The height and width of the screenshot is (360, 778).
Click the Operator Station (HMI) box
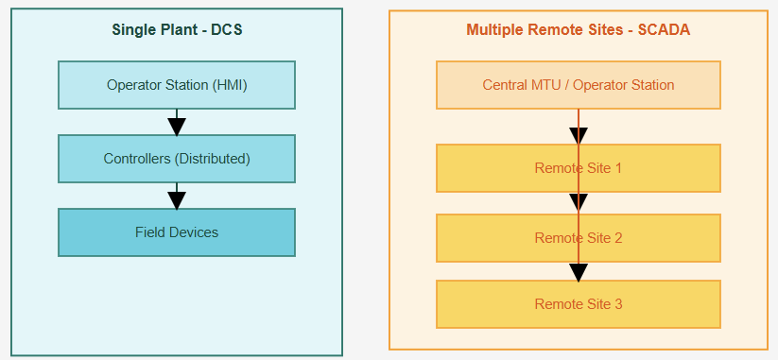tap(177, 85)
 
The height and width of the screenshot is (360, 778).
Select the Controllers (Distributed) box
tap(177, 159)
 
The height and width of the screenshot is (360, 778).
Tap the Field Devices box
tap(177, 232)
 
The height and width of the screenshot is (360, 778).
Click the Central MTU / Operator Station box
tap(578, 85)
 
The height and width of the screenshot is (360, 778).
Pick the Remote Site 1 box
tap(578, 168)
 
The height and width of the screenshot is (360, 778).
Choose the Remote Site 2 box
tap(578, 238)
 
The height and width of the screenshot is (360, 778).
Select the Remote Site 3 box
tap(578, 304)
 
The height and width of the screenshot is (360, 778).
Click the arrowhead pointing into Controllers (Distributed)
tap(176, 126)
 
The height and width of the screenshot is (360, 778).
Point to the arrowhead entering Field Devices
tap(176, 199)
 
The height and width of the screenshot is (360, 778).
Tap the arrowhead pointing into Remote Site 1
tap(579, 135)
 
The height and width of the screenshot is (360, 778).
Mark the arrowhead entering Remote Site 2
tap(579, 204)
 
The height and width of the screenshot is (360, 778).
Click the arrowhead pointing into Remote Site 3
tap(579, 271)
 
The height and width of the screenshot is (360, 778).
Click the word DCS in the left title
tap(226, 29)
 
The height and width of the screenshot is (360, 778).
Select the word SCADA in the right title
tap(663, 29)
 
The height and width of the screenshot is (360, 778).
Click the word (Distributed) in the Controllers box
tap(213, 159)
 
